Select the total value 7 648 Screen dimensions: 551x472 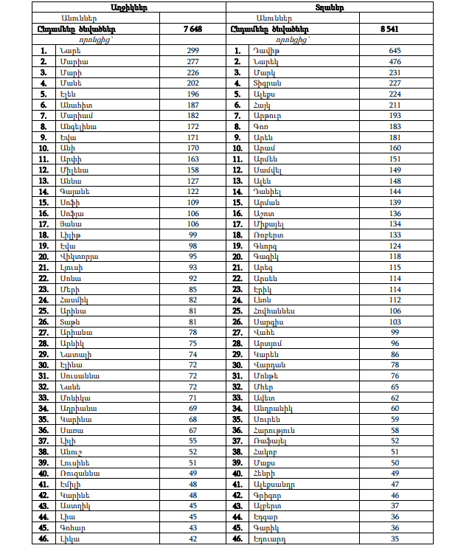[x=192, y=29]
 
